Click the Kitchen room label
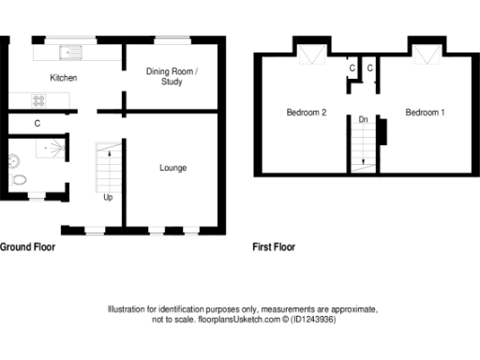point(64,78)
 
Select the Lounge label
point(172,169)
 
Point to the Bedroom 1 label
point(425,113)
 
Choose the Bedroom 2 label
point(306,113)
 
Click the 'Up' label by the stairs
point(108,198)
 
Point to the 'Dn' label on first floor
point(363,120)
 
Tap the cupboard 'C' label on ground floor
point(37,123)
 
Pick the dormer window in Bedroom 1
point(428,56)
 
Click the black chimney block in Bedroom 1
point(382,132)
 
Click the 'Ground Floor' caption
point(26,248)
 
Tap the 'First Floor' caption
point(274,248)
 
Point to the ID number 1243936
point(318,320)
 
